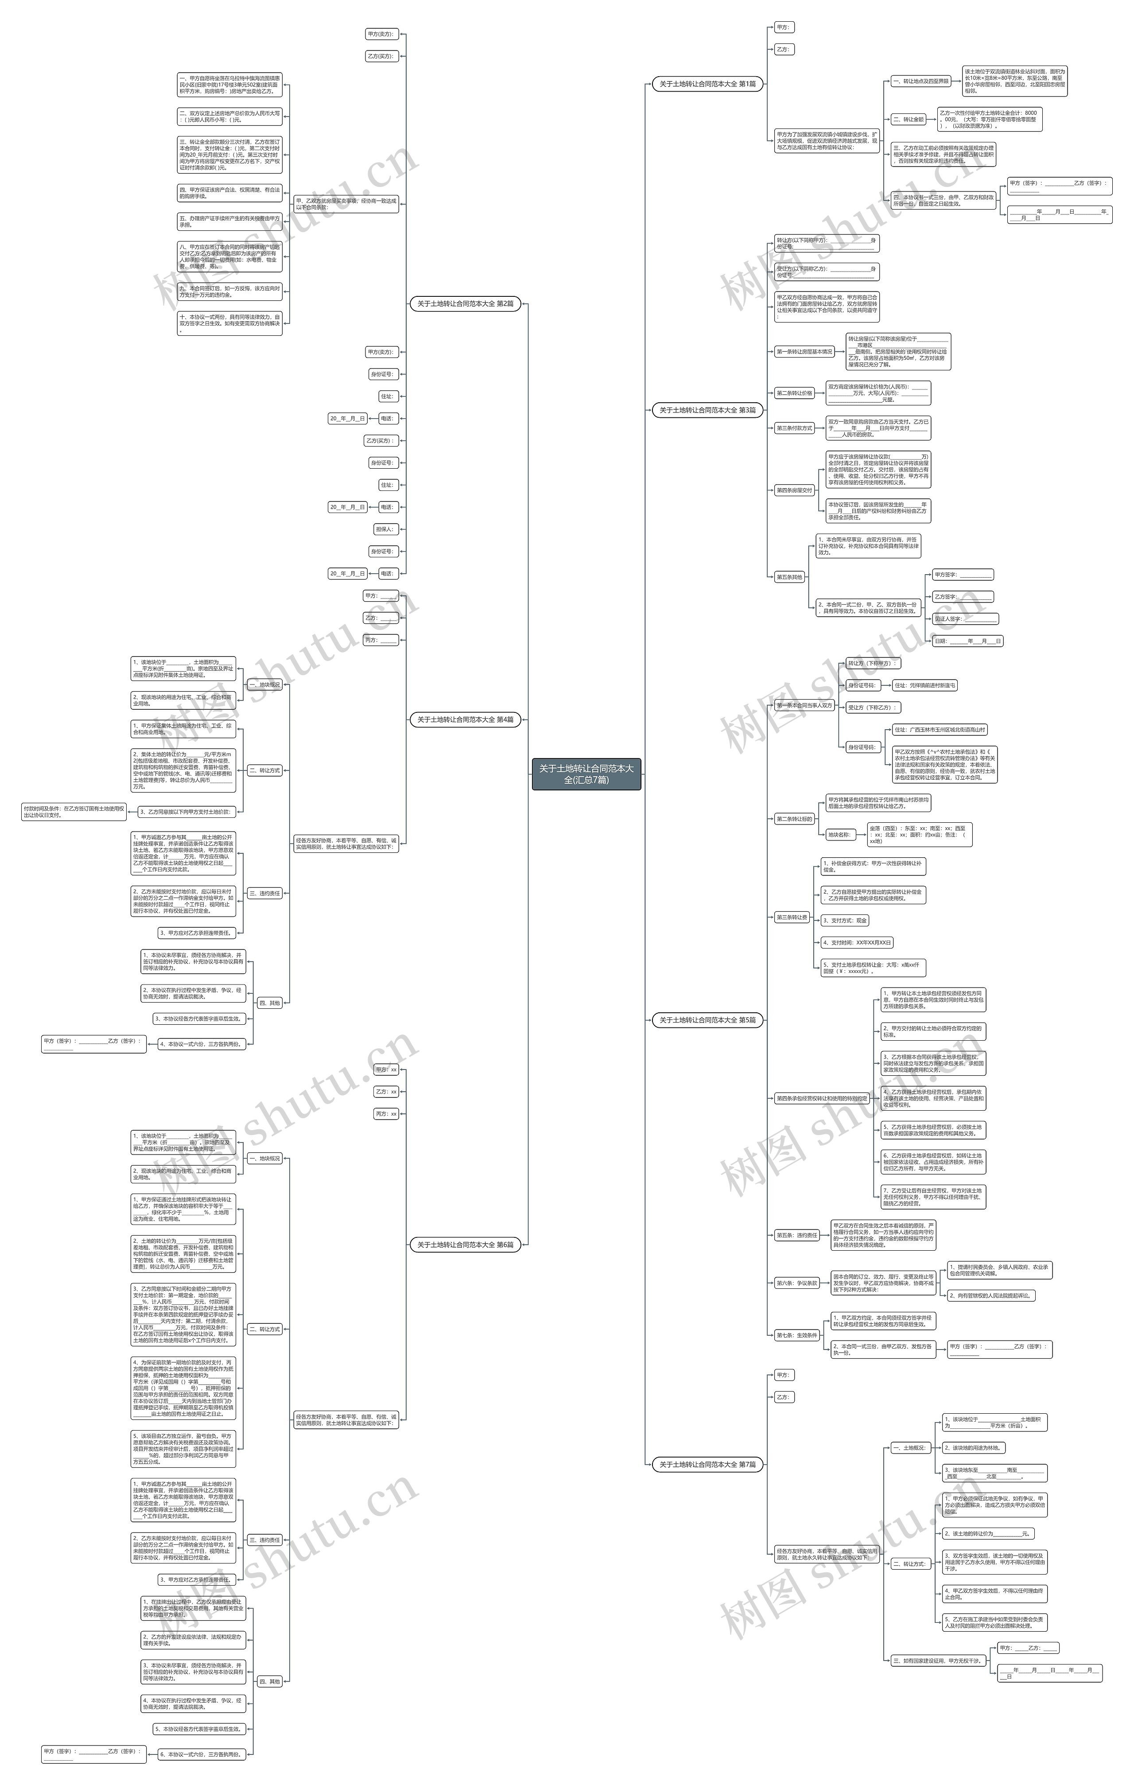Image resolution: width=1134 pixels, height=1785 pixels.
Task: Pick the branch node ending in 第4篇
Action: click(x=465, y=719)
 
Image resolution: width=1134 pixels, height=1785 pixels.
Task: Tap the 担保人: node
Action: click(x=385, y=529)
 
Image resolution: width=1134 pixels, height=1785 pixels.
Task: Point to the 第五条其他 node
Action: click(x=789, y=577)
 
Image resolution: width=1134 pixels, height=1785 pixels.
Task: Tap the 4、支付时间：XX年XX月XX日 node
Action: click(x=857, y=943)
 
